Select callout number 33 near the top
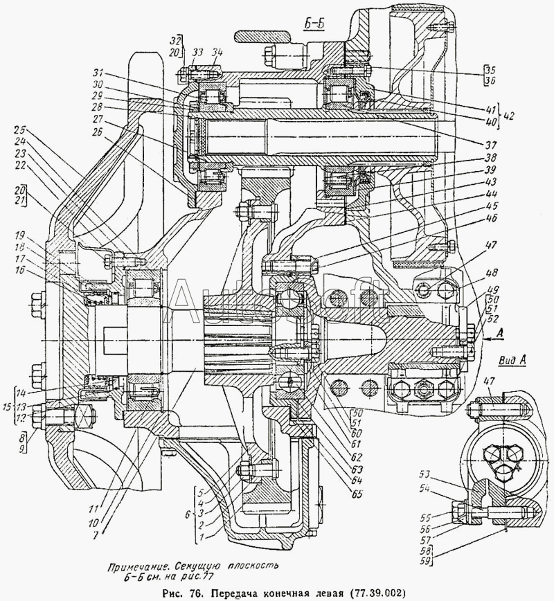click(x=197, y=52)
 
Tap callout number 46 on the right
click(x=472, y=218)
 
